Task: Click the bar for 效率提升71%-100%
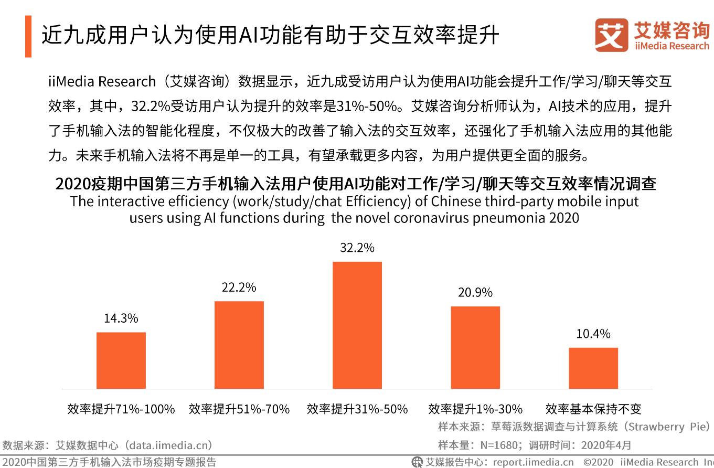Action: (x=121, y=360)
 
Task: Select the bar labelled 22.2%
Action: (x=239, y=345)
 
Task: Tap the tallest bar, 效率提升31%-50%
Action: (x=357, y=325)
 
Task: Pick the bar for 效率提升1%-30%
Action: (x=475, y=347)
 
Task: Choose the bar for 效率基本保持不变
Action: (x=593, y=368)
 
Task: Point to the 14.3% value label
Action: (x=121, y=318)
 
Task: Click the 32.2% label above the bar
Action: (x=357, y=248)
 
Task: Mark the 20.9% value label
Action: (x=475, y=293)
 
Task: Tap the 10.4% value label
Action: (x=593, y=334)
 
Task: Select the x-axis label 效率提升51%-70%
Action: (x=239, y=409)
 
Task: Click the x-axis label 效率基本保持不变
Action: (x=593, y=409)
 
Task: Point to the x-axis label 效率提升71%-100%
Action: (x=121, y=409)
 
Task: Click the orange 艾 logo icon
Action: (x=611, y=36)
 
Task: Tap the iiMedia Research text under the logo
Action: (x=672, y=46)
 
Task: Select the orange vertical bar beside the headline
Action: (x=28, y=36)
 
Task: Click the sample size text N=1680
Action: (x=496, y=445)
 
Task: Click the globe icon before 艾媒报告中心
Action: (x=417, y=462)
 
